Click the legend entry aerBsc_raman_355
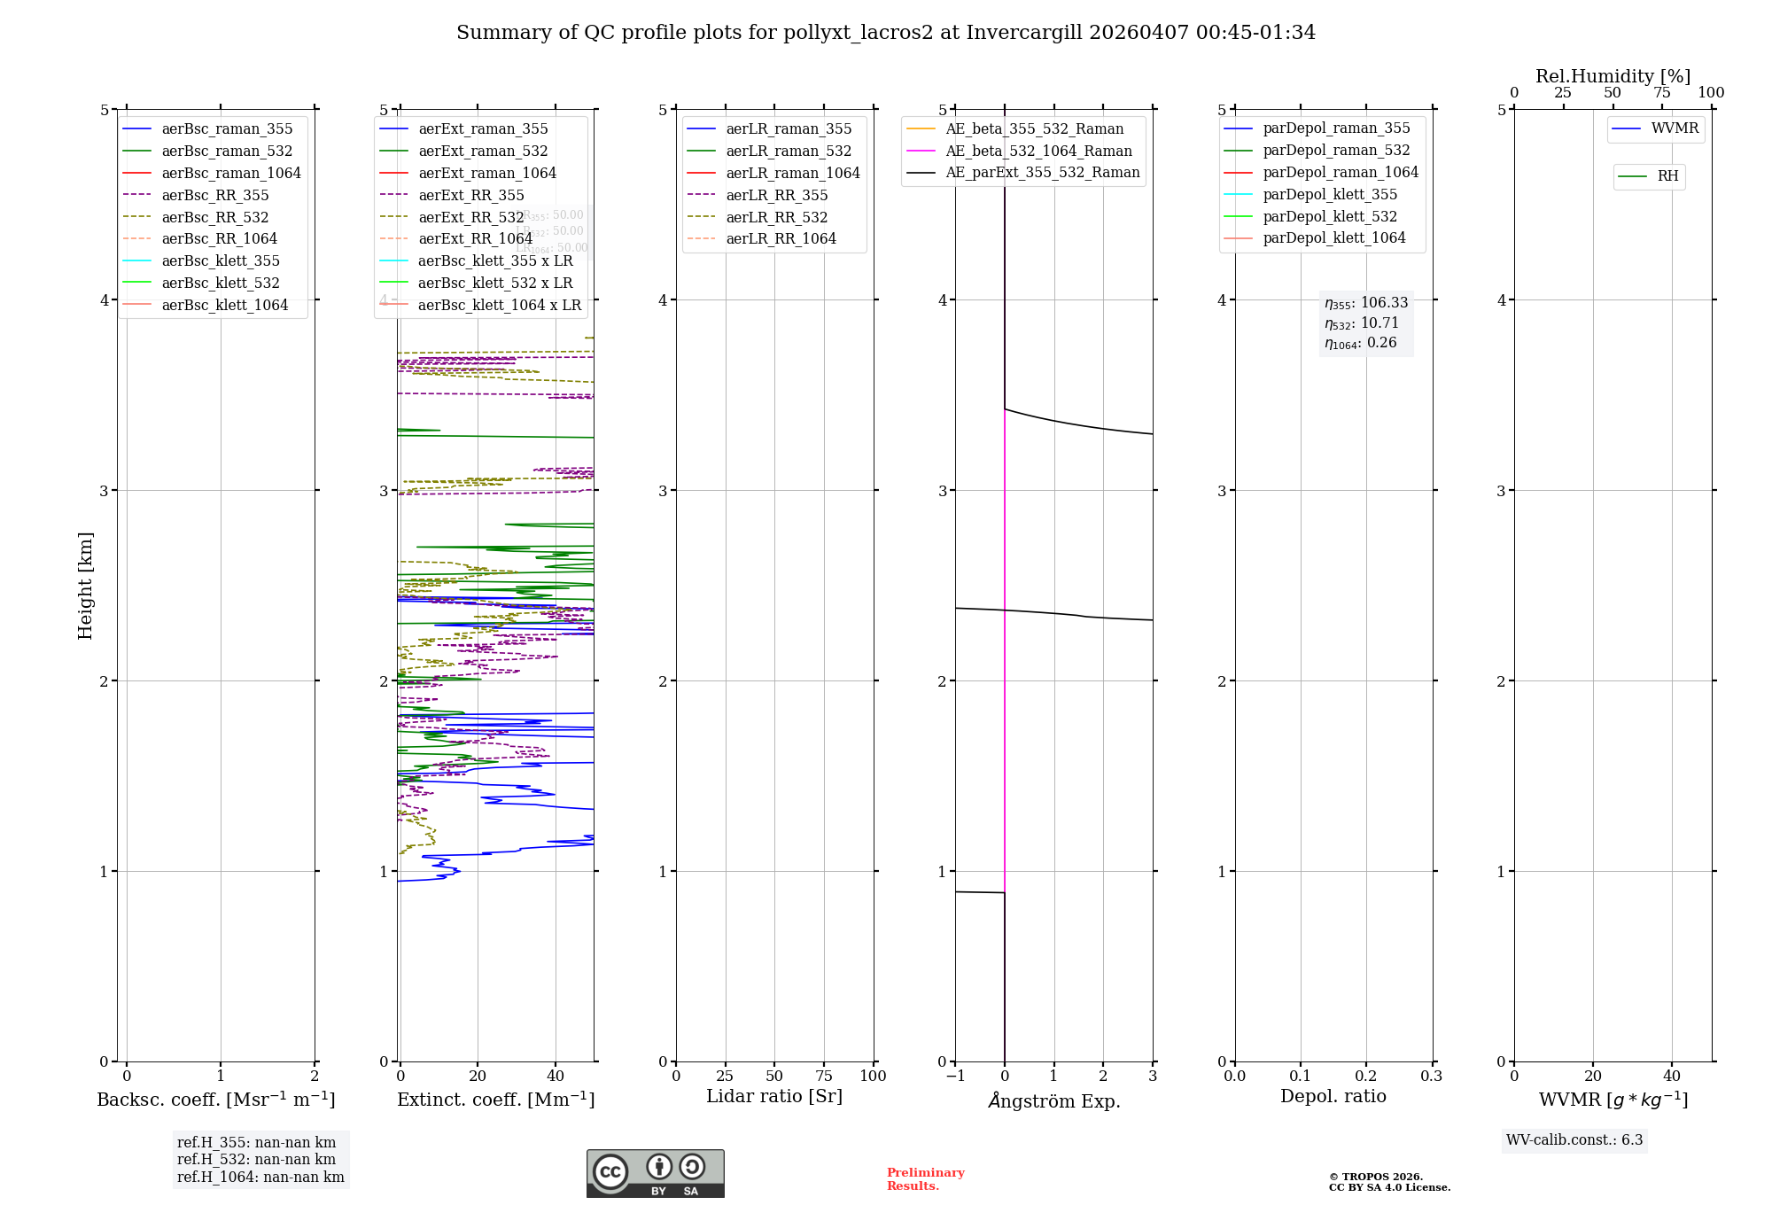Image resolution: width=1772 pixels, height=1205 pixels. click(227, 129)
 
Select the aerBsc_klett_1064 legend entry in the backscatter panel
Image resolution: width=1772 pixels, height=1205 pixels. click(224, 306)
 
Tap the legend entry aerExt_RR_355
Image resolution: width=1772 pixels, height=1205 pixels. click(470, 196)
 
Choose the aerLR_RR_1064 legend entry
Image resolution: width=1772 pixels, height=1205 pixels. click(781, 239)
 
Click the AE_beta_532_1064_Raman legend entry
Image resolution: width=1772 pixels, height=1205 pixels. click(1038, 152)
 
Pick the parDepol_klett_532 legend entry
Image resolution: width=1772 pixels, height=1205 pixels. click(1330, 217)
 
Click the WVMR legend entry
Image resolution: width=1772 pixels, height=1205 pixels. click(1675, 129)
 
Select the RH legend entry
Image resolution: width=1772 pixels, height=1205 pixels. click(1667, 177)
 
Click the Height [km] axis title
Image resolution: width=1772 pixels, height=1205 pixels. click(85, 586)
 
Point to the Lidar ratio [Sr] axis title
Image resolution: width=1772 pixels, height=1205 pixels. click(774, 1097)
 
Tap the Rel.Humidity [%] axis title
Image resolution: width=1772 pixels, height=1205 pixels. click(1613, 76)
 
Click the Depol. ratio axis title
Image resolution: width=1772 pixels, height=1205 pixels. click(1333, 1097)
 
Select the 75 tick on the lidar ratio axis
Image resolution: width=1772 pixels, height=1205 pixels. click(824, 1077)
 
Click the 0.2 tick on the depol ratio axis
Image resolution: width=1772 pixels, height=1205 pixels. click(1366, 1077)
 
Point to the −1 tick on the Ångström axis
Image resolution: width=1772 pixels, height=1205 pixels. click(955, 1077)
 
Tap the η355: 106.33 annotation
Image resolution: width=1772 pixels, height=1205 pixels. click(1366, 304)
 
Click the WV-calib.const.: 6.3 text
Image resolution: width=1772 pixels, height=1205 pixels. click(1574, 1140)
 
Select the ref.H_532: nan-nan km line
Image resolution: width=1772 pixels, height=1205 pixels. click(256, 1160)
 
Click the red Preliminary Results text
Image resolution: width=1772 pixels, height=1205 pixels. click(925, 1179)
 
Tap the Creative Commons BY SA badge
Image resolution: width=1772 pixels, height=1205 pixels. click(655, 1174)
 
